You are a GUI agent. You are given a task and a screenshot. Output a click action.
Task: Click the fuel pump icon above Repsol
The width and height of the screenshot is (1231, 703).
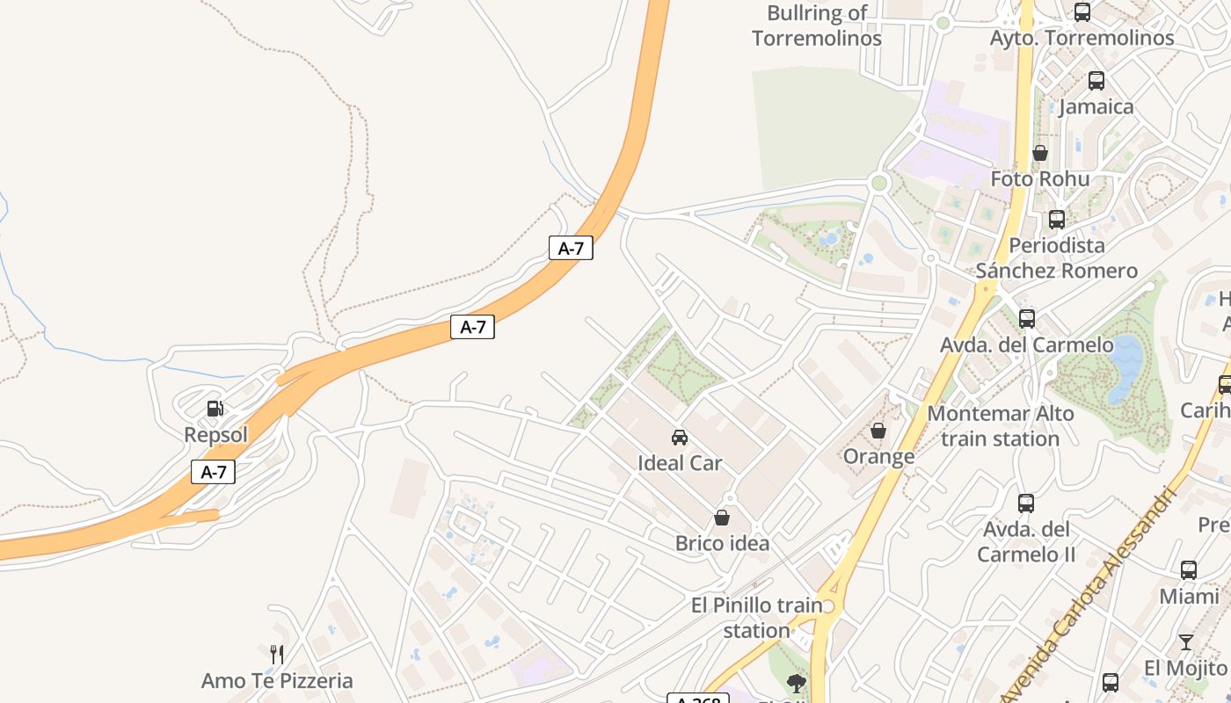tap(215, 409)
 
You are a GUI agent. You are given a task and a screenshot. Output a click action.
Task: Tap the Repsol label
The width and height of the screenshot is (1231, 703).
tap(215, 435)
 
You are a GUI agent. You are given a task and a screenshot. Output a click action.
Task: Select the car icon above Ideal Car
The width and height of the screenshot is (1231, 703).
tap(680, 437)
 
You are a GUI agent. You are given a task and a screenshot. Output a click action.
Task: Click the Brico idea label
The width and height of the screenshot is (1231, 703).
tap(722, 543)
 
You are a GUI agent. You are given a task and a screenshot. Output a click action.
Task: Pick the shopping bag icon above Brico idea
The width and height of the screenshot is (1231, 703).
tap(722, 518)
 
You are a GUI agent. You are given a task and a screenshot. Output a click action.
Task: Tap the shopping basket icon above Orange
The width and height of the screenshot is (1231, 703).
tap(878, 431)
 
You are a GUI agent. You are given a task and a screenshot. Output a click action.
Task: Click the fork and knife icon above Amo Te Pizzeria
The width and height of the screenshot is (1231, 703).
tap(277, 654)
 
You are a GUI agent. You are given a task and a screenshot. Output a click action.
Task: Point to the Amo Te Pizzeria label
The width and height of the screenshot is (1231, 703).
tap(277, 680)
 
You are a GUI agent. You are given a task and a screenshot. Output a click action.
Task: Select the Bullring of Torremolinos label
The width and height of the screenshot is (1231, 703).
tap(817, 25)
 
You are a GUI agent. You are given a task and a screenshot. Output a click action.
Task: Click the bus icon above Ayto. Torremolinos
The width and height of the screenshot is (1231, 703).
tap(1082, 12)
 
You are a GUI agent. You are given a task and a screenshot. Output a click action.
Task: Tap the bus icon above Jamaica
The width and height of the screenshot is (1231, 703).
tap(1096, 81)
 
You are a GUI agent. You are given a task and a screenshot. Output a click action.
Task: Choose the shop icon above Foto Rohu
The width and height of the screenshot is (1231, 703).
tap(1040, 153)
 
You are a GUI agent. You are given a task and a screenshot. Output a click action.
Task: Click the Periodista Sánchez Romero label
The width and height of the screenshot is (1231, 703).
tap(1056, 257)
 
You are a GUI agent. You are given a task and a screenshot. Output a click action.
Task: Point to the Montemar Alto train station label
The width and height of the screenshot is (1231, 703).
tap(1001, 425)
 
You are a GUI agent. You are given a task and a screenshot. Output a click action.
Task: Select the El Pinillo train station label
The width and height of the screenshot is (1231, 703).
tap(756, 618)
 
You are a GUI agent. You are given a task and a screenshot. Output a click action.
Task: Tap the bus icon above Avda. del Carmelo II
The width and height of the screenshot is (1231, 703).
tap(1026, 504)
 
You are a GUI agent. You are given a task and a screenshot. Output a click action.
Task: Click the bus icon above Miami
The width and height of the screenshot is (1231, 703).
tap(1189, 570)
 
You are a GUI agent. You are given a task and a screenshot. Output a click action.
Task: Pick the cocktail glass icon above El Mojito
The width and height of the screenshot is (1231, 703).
tap(1186, 642)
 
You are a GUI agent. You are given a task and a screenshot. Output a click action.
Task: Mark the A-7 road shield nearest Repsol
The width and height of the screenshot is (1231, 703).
tap(214, 472)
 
